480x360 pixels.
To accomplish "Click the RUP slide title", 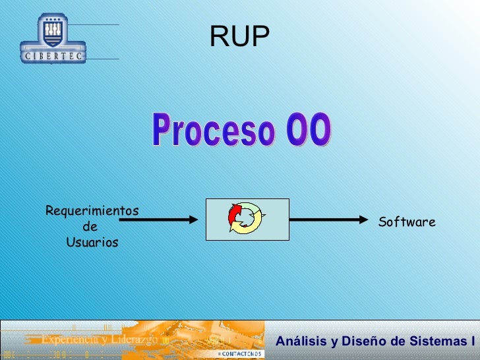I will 240,38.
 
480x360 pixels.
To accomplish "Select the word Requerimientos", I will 92,211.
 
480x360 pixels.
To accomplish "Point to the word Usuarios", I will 92,243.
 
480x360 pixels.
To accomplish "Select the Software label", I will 407,222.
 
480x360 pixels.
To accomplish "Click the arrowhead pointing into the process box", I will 192,220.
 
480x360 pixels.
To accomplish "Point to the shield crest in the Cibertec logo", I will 53,31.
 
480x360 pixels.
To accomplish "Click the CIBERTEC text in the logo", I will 53,57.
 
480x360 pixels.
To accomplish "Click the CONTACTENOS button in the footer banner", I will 240,354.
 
